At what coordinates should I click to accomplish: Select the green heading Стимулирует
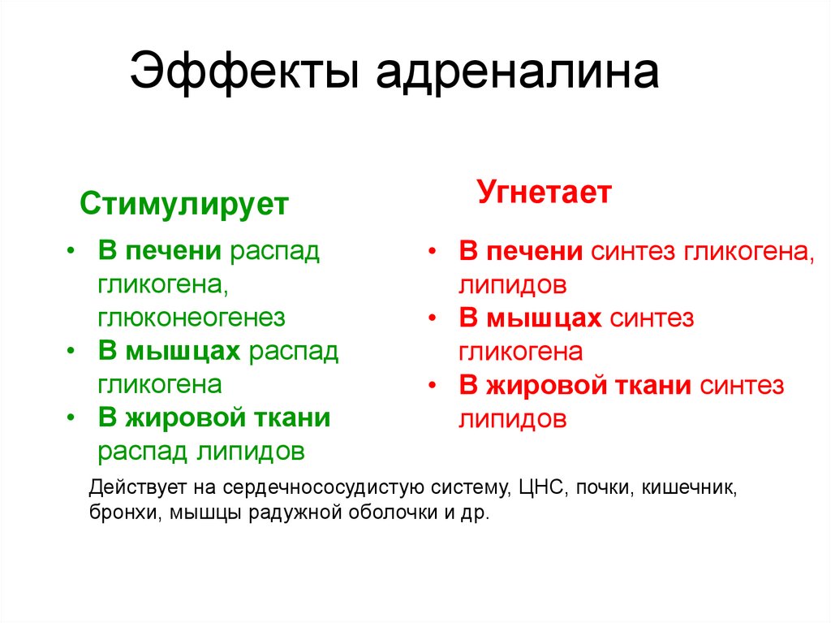(184, 204)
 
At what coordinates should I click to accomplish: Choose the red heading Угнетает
(544, 193)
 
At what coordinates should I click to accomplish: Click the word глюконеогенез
(192, 317)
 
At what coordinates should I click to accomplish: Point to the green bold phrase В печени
(160, 250)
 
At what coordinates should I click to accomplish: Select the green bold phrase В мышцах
(170, 350)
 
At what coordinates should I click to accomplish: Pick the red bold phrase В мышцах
(530, 318)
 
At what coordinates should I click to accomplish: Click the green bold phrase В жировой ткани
(214, 417)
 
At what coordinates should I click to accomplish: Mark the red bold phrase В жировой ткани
(575, 385)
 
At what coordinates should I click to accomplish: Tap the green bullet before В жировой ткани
(72, 417)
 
